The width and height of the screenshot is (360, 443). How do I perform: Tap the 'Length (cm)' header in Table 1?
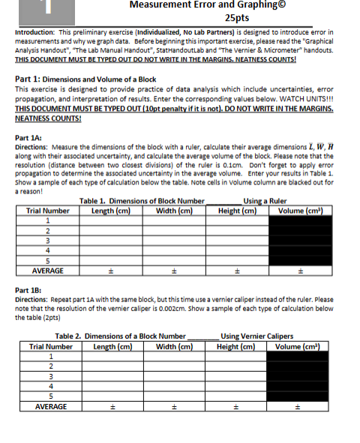[x=109, y=211]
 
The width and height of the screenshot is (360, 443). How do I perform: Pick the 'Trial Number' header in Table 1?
[x=47, y=211]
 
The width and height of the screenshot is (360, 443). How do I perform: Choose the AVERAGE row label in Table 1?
[x=47, y=271]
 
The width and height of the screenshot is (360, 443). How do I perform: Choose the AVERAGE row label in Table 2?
[x=51, y=406]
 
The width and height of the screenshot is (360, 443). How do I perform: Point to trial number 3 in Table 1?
[x=47, y=241]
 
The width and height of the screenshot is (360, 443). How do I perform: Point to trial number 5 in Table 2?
[x=50, y=394]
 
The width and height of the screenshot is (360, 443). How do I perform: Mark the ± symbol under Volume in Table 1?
[x=301, y=271]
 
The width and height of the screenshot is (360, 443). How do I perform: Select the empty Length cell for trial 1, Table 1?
[x=109, y=221]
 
